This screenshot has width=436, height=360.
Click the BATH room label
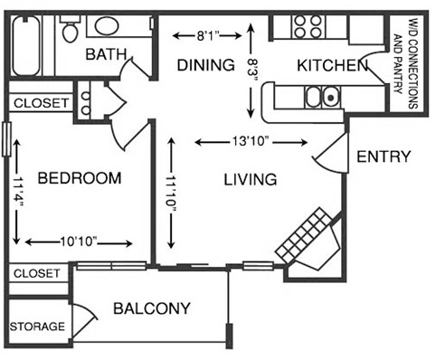pos(106,55)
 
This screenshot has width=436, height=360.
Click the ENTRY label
pos(384,156)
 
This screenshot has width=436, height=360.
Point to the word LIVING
pos(251,179)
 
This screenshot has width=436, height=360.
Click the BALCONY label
pos(152,308)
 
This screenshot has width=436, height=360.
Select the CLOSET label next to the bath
pos(41,103)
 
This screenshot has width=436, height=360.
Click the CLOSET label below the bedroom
pos(37,272)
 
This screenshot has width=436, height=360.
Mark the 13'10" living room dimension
pos(253,141)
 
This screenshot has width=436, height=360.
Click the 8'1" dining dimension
pos(206,35)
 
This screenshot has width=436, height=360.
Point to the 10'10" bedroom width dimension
pos(80,242)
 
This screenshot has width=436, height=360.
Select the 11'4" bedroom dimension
pos(17,194)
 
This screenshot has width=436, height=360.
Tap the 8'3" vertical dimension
pos(253,68)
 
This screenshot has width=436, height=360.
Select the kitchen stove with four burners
pos(309,26)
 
